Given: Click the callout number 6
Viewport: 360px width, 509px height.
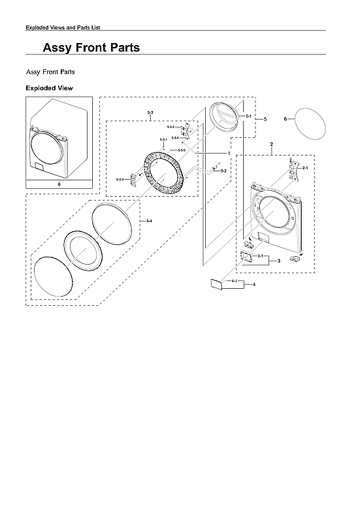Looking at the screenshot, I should [286, 119].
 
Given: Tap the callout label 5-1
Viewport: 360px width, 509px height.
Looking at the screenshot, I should [249, 116].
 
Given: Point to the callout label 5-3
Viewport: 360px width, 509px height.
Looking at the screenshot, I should [151, 114].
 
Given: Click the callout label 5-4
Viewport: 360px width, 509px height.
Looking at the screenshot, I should [150, 222].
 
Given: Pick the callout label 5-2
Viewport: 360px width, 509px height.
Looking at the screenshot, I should [223, 171].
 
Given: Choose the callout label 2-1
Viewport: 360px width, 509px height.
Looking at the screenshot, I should [304, 169].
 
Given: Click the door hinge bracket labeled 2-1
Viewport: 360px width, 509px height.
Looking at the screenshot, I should [289, 168].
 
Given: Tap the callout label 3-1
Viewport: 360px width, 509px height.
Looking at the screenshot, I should [260, 255].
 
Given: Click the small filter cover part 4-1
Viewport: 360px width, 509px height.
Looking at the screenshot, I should [216, 283].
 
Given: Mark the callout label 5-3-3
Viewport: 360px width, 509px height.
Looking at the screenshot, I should [120, 179].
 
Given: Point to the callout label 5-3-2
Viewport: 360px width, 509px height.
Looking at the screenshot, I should [171, 126].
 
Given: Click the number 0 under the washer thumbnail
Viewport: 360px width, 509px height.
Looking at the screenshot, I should [59, 185].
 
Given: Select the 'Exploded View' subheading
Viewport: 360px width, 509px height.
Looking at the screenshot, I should [49, 88].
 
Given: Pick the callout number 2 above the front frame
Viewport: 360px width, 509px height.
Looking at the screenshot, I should [271, 144].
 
